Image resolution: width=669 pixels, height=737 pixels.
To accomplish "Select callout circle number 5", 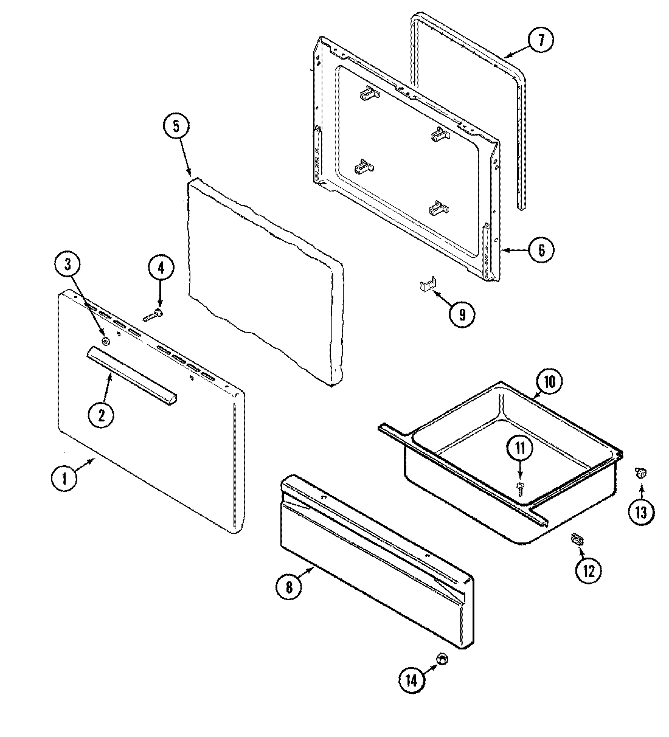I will pyautogui.click(x=176, y=126).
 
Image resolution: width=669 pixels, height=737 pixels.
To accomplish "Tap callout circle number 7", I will pyautogui.click(x=540, y=40).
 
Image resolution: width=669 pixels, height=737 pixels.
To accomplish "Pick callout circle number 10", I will pyautogui.click(x=549, y=382).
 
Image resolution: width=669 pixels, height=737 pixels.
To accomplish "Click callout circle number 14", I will pyautogui.click(x=412, y=680).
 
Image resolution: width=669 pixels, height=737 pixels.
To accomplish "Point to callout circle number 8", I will pyautogui.click(x=289, y=587).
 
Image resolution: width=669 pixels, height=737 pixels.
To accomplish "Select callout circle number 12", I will pyautogui.click(x=588, y=570).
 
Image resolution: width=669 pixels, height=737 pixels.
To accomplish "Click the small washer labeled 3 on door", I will pyautogui.click(x=106, y=342).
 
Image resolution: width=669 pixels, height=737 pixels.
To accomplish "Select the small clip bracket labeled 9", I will pyautogui.click(x=428, y=285).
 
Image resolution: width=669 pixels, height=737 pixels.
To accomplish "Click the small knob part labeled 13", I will pyautogui.click(x=640, y=472).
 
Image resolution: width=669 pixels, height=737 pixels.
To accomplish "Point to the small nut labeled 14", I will pyautogui.click(x=443, y=659).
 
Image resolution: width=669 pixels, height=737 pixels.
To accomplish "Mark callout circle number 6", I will pyautogui.click(x=541, y=249).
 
